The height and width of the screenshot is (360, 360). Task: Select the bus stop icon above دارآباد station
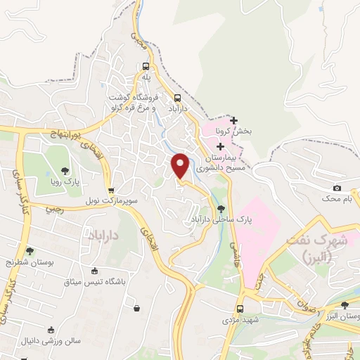coord(177,98)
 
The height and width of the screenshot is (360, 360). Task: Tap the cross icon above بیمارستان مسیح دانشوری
coord(221,147)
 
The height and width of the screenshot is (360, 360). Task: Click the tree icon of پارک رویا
coord(65,170)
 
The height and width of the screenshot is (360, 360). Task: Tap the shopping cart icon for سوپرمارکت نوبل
coord(111,190)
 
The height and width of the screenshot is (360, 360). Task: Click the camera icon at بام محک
coord(337,188)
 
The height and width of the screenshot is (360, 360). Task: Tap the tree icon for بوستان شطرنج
coord(30,250)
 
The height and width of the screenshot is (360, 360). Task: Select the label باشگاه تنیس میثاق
coord(96,282)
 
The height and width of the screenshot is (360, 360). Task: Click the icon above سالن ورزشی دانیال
coord(50,329)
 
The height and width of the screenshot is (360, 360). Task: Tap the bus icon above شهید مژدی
coord(240,308)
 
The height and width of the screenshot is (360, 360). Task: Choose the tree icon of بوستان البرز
coord(344,305)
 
